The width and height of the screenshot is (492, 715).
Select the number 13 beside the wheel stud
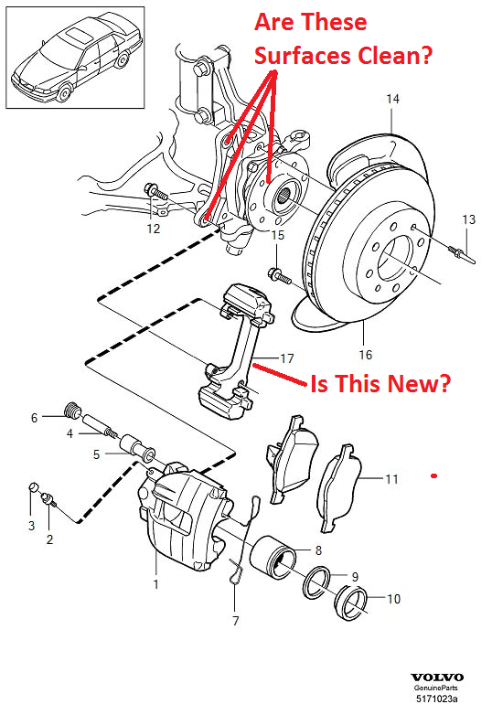[x=468, y=219]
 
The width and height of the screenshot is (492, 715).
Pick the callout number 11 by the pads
[x=392, y=478]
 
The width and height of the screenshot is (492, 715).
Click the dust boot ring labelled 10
[x=351, y=604]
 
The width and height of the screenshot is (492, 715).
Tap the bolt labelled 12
[x=156, y=193]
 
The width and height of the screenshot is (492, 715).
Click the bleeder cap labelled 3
[x=33, y=486]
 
